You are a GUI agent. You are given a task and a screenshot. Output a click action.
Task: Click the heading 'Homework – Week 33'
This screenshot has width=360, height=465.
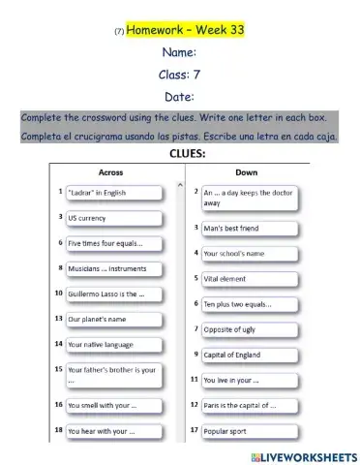point(185,30)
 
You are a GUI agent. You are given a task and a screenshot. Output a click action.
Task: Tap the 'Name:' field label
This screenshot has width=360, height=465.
point(179,52)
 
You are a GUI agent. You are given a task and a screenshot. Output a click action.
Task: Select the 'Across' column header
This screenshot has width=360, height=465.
point(110,171)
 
